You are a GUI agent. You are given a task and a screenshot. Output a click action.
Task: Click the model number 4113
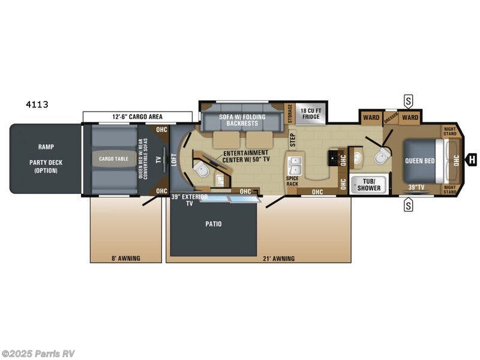click(37, 104)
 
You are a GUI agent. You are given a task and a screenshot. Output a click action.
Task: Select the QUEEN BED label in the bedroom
click(419, 161)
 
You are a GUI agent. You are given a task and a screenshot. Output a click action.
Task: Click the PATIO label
click(212, 224)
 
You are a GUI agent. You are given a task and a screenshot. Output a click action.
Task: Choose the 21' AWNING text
click(279, 259)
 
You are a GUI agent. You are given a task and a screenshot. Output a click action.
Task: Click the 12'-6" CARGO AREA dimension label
click(137, 116)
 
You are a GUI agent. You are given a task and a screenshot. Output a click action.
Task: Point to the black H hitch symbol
click(472, 160)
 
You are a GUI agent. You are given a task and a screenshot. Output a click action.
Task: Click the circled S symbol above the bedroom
click(409, 100)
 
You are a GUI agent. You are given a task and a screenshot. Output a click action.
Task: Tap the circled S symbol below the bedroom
click(409, 206)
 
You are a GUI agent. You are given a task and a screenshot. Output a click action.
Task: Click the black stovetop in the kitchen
click(331, 158)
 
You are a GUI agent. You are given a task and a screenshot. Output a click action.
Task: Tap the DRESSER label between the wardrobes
click(391, 117)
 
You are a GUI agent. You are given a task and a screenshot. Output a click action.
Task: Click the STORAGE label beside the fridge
click(290, 113)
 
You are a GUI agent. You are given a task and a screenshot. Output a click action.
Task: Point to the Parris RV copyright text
click(38, 353)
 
